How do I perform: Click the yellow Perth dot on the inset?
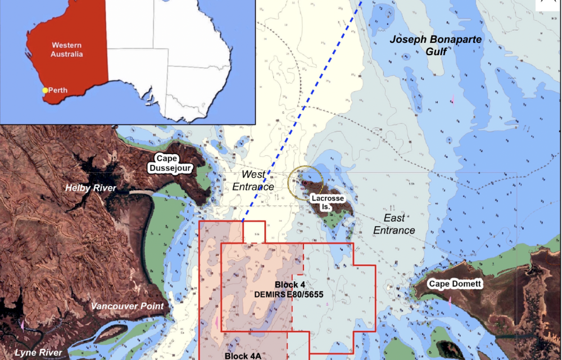tap(46, 90)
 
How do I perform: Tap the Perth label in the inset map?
tap(58, 90)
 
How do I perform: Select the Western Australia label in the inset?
tap(67, 49)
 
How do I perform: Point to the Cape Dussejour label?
tap(167, 163)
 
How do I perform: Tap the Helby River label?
tap(90, 188)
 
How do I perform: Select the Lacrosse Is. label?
tap(327, 202)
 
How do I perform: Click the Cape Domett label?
tap(455, 284)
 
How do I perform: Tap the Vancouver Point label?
tap(128, 306)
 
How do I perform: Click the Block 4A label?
tap(243, 355)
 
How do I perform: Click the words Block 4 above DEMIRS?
tap(290, 285)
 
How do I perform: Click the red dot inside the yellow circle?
tap(303, 183)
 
